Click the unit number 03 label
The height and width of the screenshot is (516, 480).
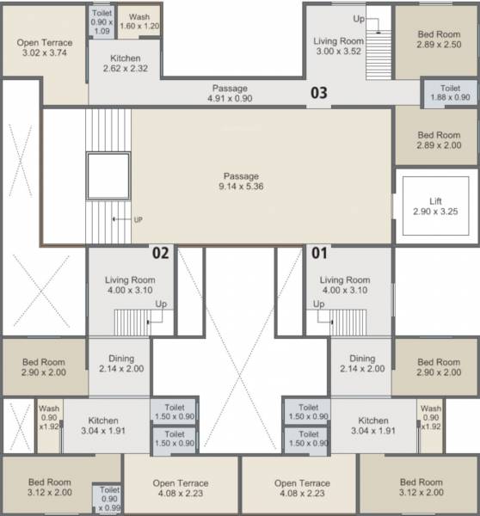318,93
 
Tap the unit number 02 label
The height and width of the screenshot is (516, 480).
160,253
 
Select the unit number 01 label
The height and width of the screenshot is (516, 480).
319,253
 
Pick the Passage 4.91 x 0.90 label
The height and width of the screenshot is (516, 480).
230,93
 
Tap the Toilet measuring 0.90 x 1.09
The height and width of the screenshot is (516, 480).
101,22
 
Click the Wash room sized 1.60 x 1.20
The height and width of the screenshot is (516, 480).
138,22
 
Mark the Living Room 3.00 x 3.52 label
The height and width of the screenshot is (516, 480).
338,46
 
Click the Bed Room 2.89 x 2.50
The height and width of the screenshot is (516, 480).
438,40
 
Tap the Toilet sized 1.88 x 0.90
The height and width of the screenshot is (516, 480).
449,94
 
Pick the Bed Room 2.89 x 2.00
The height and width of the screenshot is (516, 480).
438,140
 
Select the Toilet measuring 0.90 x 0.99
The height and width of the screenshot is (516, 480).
110,499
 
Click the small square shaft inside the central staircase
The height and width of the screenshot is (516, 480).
108,175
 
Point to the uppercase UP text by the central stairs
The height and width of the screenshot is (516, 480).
138,219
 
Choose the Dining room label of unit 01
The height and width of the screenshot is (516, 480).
361,364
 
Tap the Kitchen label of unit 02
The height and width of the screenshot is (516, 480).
103,426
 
